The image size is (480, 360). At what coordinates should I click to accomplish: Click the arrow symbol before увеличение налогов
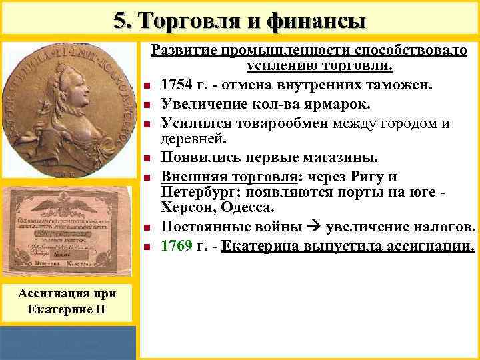tap(315, 227)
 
